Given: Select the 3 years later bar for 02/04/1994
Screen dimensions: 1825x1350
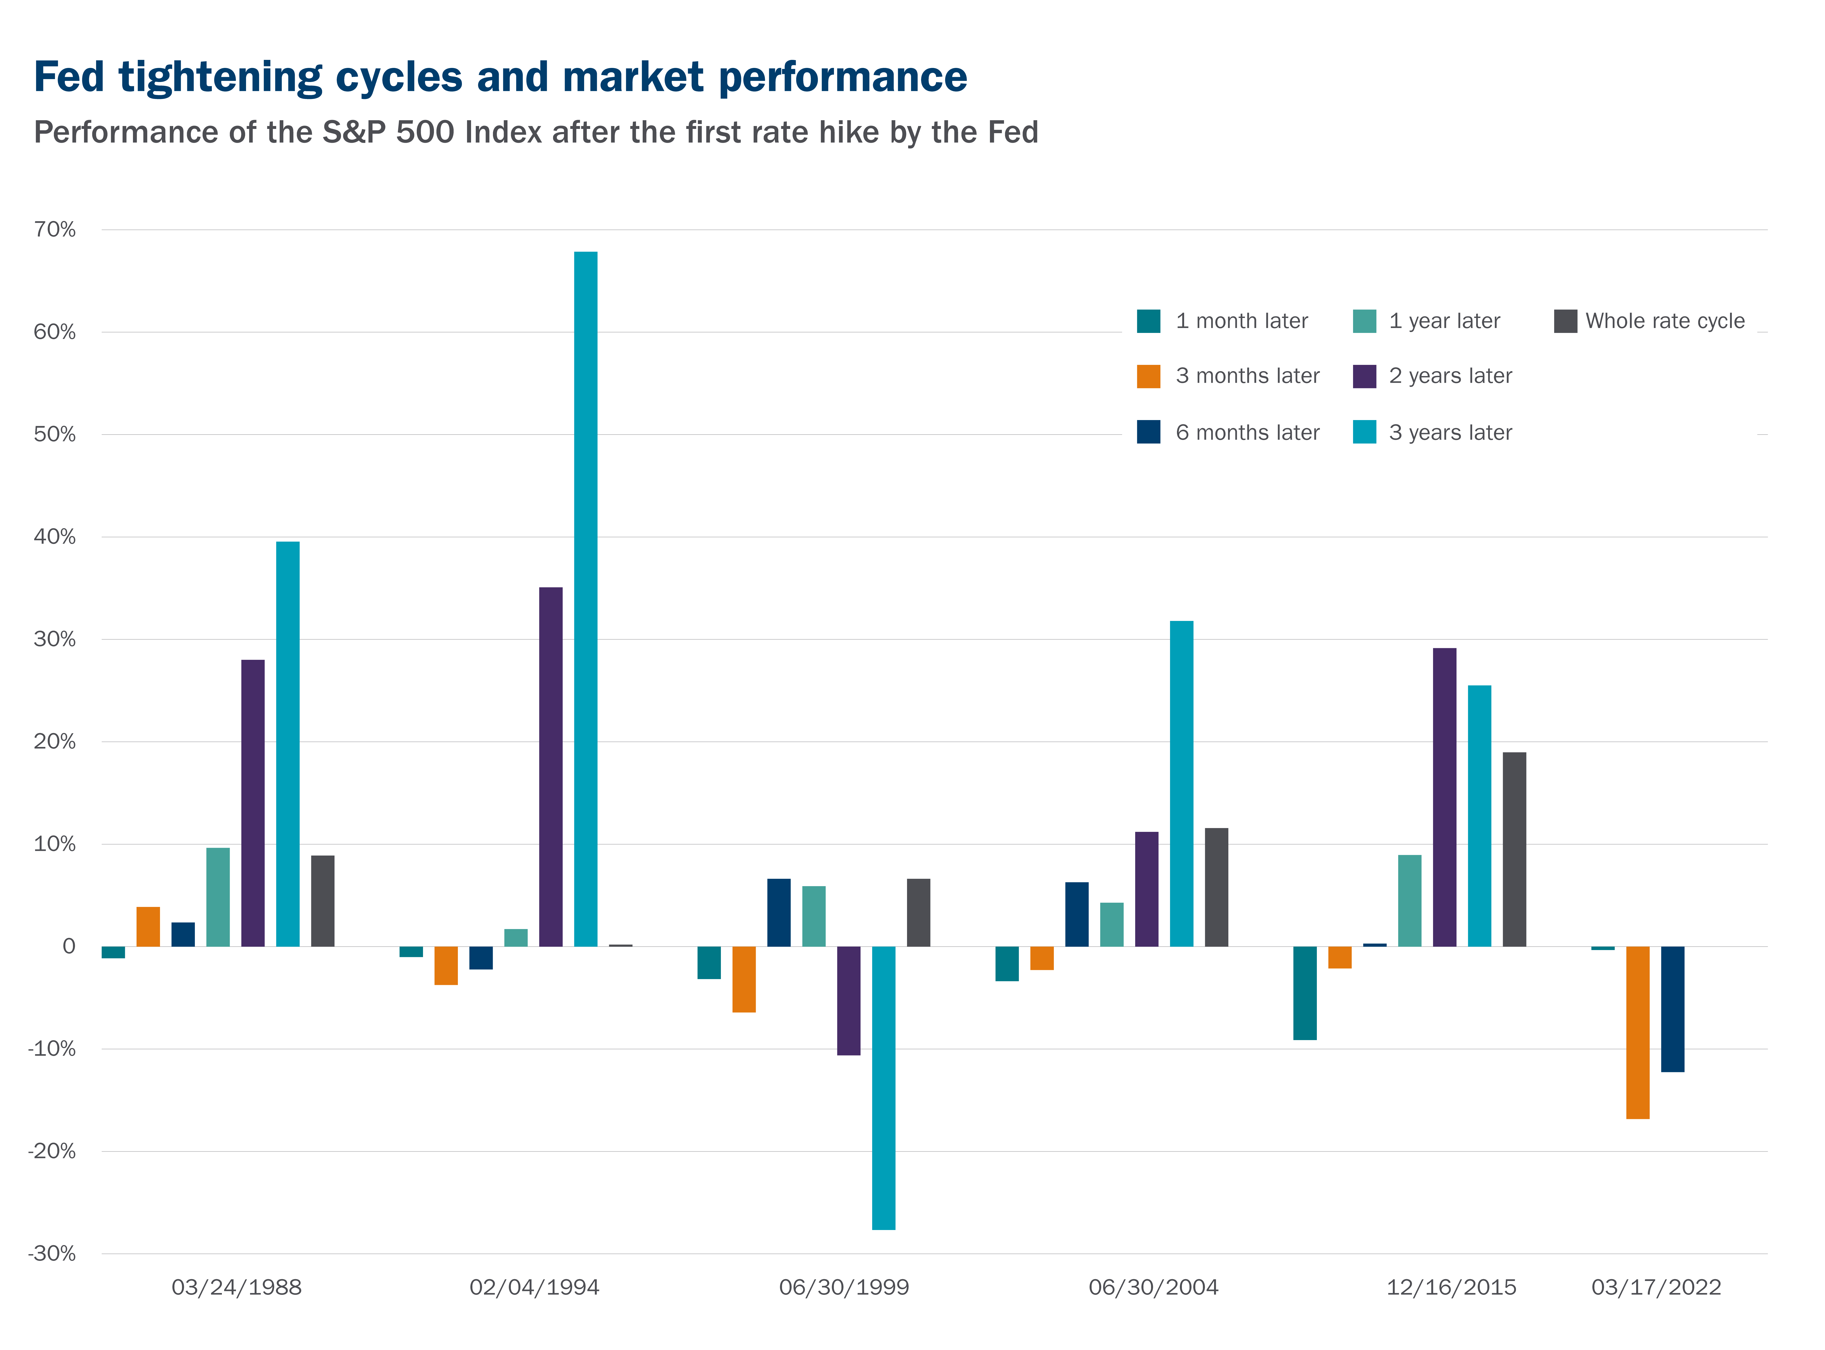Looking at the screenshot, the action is (x=585, y=599).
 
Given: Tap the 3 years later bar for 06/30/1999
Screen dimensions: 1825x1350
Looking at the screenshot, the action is (x=884, y=1088).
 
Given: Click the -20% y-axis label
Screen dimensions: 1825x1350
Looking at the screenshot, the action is (x=51, y=1151).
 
